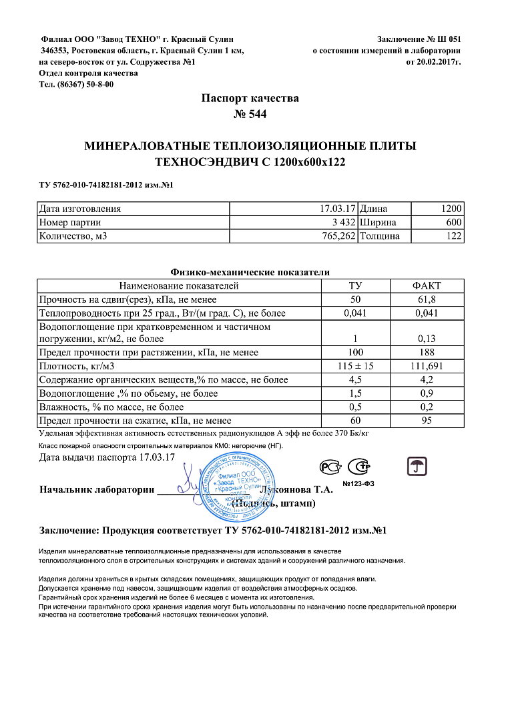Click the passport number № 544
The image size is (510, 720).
250,114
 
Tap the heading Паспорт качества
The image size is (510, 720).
250,98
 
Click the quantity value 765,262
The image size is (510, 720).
334,236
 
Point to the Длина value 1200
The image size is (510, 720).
451,208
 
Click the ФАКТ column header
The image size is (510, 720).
427,285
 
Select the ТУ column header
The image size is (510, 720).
356,285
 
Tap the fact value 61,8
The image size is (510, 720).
427,299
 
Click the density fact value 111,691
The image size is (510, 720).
427,366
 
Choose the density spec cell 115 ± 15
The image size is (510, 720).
356,366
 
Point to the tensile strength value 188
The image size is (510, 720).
427,352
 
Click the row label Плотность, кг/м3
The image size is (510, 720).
73,366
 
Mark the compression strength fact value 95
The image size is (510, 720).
427,421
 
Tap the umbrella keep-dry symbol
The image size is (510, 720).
417,466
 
